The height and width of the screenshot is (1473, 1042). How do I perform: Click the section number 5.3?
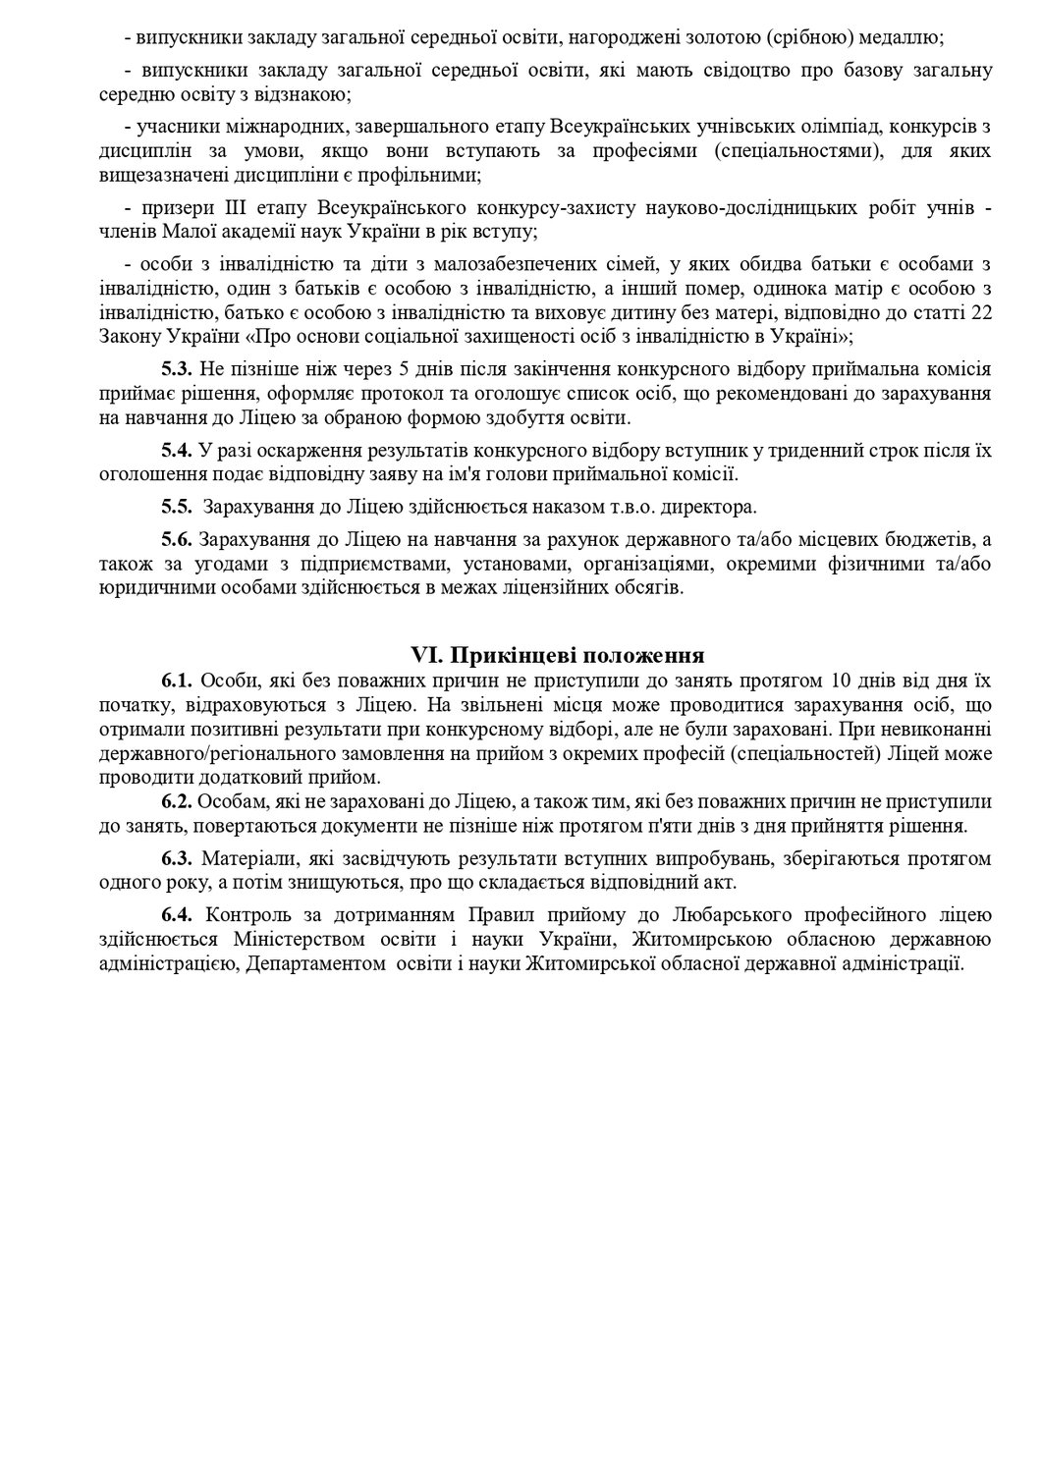[x=178, y=370]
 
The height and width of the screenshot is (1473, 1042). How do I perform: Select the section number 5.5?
[x=178, y=508]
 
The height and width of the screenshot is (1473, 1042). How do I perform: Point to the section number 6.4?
[x=178, y=915]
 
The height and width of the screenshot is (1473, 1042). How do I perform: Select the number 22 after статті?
[x=980, y=313]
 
